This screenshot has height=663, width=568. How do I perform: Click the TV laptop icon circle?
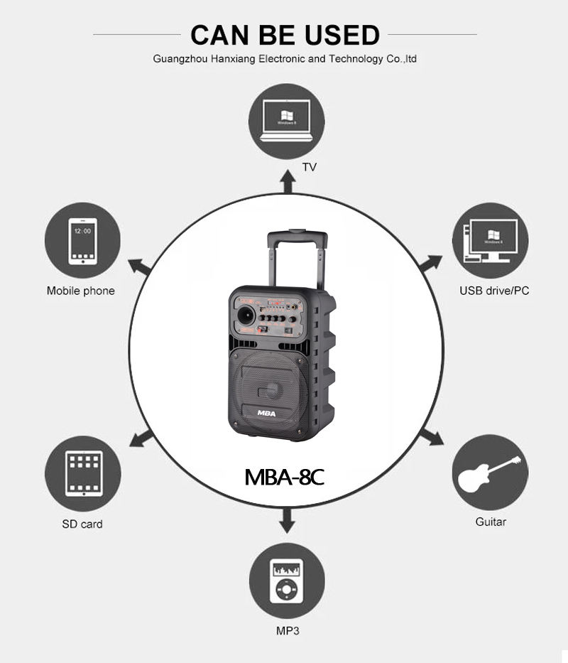[x=287, y=119]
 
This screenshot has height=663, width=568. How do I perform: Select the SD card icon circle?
[x=82, y=473]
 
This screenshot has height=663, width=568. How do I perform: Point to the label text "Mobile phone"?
[x=80, y=291]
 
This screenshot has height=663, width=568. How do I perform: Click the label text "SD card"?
[x=82, y=524]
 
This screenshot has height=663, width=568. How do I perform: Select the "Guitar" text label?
[x=491, y=522]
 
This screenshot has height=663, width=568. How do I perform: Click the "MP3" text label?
[x=288, y=631]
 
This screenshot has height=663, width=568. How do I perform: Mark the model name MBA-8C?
[x=284, y=475]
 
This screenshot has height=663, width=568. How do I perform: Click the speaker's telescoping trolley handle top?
[x=297, y=232]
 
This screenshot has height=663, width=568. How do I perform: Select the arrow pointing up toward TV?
[x=287, y=183]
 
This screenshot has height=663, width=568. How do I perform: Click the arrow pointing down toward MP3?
[x=287, y=521]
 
